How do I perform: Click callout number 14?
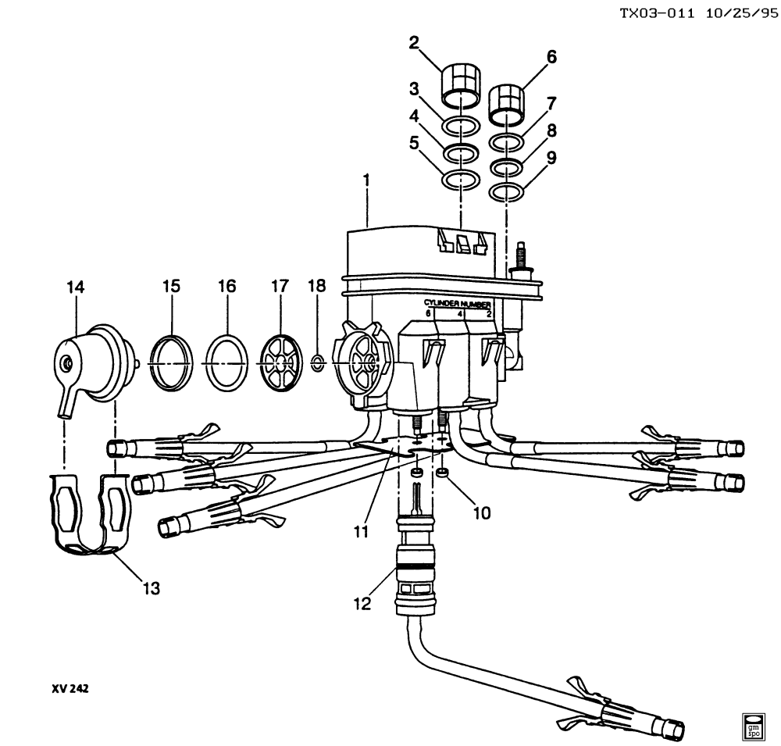tap(76, 287)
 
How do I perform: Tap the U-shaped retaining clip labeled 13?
tap(90, 514)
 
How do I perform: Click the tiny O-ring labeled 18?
tap(318, 363)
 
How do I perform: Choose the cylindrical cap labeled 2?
tap(462, 85)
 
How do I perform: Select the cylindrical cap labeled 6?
tap(507, 105)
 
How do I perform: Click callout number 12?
tap(362, 604)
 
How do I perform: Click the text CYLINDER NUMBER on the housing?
tap(457, 304)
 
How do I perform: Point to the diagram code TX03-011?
tap(657, 13)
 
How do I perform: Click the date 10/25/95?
tap(741, 13)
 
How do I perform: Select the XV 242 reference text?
tap(70, 688)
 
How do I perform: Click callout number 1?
tap(367, 180)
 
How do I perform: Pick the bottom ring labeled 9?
tap(507, 192)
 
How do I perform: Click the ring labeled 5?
tap(462, 180)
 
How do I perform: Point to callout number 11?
tap(361, 532)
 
